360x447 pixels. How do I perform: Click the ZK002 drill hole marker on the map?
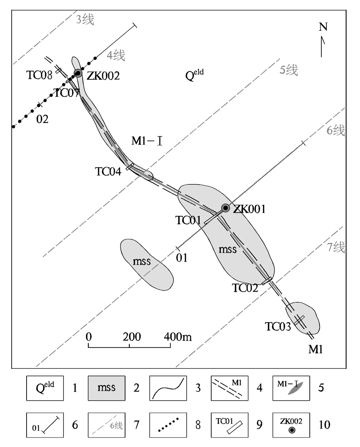[x=78, y=73]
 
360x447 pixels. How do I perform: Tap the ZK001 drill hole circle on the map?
[x=225, y=208]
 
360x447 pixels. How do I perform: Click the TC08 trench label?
[x=39, y=75]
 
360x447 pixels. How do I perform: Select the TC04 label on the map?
[x=108, y=172]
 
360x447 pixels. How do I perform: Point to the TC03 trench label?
[x=278, y=326]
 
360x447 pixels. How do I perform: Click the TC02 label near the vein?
[x=245, y=288]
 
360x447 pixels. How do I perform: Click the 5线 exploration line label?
[x=289, y=70]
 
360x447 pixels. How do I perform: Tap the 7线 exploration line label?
[x=336, y=247]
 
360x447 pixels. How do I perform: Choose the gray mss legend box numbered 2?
[x=107, y=388]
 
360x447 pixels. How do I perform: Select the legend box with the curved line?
[x=168, y=388]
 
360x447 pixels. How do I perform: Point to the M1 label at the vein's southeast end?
[x=316, y=349]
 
